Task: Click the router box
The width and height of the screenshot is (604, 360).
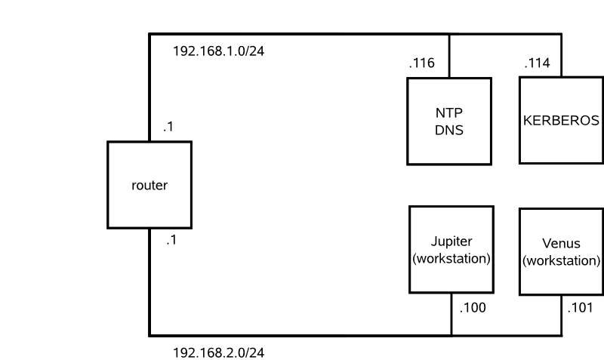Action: [x=149, y=185]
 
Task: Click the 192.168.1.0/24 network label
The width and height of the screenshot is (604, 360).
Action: [x=218, y=52]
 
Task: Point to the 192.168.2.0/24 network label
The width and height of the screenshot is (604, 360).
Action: [x=218, y=352]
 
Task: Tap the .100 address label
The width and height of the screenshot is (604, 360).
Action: [x=473, y=307]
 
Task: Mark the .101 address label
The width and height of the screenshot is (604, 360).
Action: [x=581, y=307]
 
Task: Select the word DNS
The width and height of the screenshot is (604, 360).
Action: [x=448, y=129]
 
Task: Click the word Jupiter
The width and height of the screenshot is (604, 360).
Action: [x=451, y=242]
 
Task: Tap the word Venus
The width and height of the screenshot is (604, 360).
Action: [x=561, y=243]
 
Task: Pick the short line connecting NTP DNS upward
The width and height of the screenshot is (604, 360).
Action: [x=449, y=57]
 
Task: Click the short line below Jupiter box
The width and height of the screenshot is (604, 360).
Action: [x=451, y=314]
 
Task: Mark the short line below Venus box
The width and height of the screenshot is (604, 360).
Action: [x=562, y=315]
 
